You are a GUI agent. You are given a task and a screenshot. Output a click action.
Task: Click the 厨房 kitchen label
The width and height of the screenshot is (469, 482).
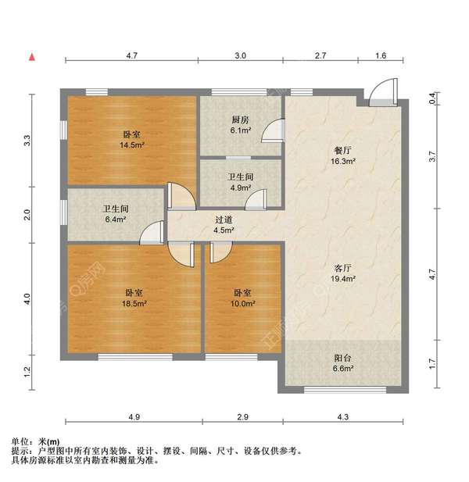(x=240, y=120)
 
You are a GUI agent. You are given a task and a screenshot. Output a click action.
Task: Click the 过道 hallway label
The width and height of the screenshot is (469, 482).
(x=224, y=220)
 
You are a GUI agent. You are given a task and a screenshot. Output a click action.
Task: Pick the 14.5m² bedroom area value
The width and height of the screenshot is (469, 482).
(x=131, y=145)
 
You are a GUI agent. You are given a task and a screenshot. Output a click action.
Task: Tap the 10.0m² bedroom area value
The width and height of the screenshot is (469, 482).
(x=242, y=303)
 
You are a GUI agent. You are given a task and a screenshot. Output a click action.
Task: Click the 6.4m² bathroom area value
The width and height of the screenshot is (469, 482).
(x=115, y=220)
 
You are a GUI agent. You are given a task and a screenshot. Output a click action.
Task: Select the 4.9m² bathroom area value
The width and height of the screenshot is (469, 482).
(x=240, y=188)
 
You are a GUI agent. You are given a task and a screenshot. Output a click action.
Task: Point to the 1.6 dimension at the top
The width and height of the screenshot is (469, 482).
(x=381, y=56)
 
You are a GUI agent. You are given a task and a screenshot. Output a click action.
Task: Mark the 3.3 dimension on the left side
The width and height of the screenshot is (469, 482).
(x=27, y=141)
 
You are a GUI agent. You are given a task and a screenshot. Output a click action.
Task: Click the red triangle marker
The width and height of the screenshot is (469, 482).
(x=31, y=56)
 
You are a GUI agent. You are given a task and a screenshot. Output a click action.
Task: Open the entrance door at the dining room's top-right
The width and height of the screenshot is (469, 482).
(x=382, y=95)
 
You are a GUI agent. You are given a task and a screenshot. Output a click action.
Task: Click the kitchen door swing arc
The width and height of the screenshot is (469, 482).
(x=270, y=130)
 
